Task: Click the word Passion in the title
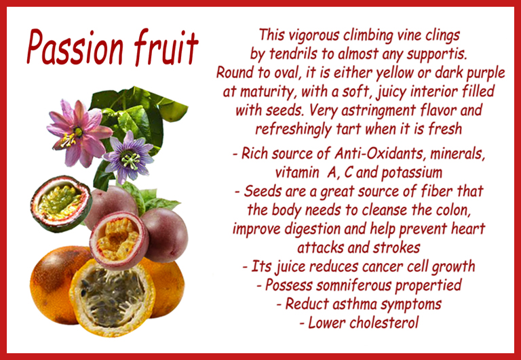click(x=75, y=47)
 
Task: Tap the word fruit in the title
click(x=166, y=47)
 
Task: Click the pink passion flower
click(x=79, y=132)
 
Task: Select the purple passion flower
click(x=129, y=157)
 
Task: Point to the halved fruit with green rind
click(x=61, y=203)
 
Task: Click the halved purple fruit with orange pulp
click(x=119, y=240)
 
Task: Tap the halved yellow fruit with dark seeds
click(x=113, y=297)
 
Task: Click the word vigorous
click(x=314, y=36)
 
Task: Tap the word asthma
click(x=354, y=304)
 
